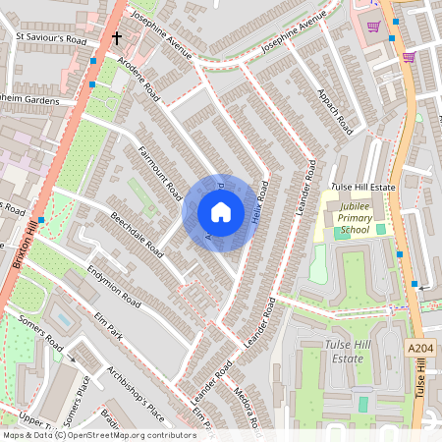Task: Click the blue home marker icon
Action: [220, 212]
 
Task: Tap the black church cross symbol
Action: [116, 39]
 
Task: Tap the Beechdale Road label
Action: [137, 232]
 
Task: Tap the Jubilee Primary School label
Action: [353, 224]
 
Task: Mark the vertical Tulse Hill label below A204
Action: [420, 379]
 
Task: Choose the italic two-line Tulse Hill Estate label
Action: [347, 352]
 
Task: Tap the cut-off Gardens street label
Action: [29, 100]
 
